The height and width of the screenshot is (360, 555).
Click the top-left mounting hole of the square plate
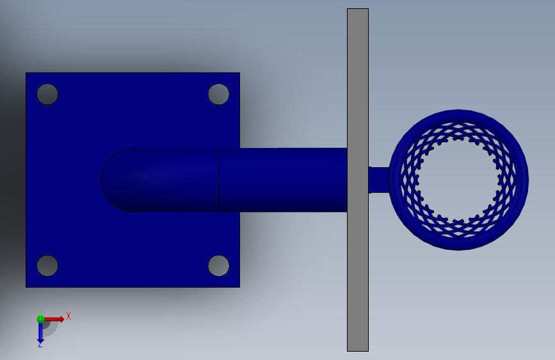click(47, 94)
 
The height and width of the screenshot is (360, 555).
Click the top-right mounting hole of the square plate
click(219, 94)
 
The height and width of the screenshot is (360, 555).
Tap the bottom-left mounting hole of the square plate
click(47, 266)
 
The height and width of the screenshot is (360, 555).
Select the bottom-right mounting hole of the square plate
click(219, 266)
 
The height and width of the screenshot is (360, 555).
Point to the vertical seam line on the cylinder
click(219, 180)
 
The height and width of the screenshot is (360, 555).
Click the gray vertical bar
click(358, 180)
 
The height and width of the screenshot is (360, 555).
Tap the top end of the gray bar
click(358, 9)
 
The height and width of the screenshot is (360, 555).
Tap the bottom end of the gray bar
click(358, 351)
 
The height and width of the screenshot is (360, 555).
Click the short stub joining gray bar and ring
click(379, 180)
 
